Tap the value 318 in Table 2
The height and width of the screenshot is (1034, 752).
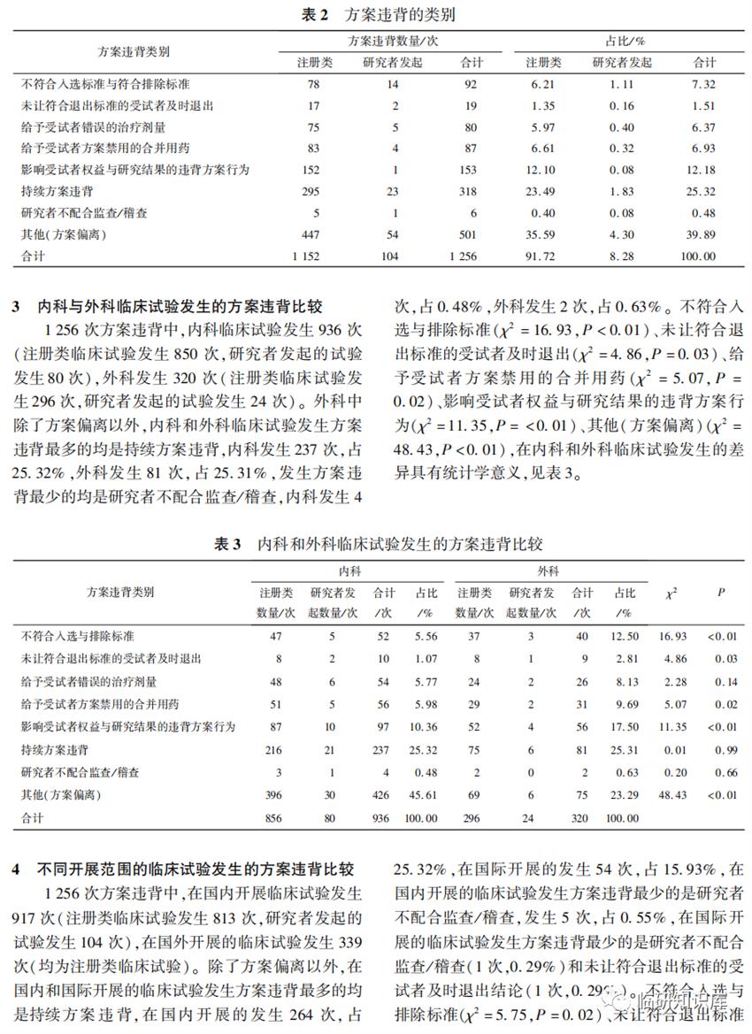pos(468,191)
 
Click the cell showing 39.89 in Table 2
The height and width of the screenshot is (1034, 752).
pos(704,234)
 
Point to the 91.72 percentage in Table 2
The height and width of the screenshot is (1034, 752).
pos(543,256)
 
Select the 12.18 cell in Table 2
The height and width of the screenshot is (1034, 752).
pos(704,170)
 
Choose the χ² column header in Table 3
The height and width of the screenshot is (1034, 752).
pos(671,593)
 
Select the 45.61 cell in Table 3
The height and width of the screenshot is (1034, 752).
pos(426,795)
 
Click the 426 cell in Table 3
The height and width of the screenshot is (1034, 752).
pos(384,795)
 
